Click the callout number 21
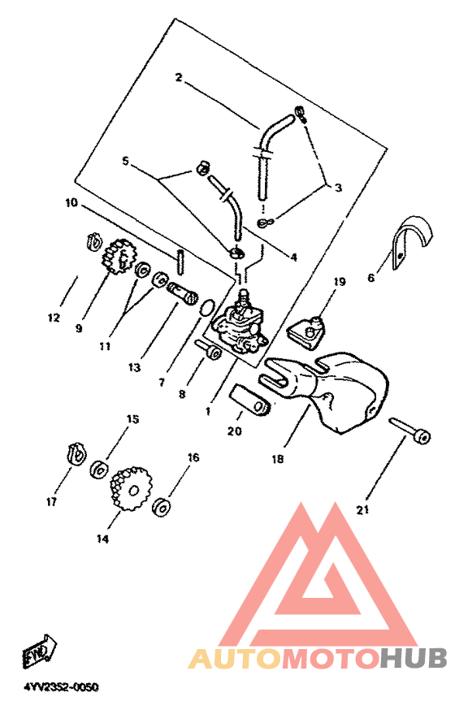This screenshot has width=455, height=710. point(363,510)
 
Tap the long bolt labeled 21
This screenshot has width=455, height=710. point(409,429)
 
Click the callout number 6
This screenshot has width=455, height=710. point(371,278)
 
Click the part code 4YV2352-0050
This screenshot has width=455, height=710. point(61,687)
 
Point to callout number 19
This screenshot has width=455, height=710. point(340,282)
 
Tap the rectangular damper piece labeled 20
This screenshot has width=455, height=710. point(250,400)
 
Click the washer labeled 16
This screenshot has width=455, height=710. point(162,507)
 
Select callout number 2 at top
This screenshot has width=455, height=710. point(179,78)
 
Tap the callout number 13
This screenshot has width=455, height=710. point(134,367)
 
